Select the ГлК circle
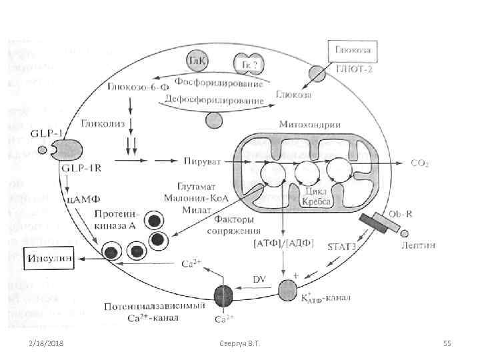198,60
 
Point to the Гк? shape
247,61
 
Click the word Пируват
199,161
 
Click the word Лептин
419,245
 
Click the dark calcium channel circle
223,294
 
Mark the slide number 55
447,343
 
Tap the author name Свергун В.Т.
239,343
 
